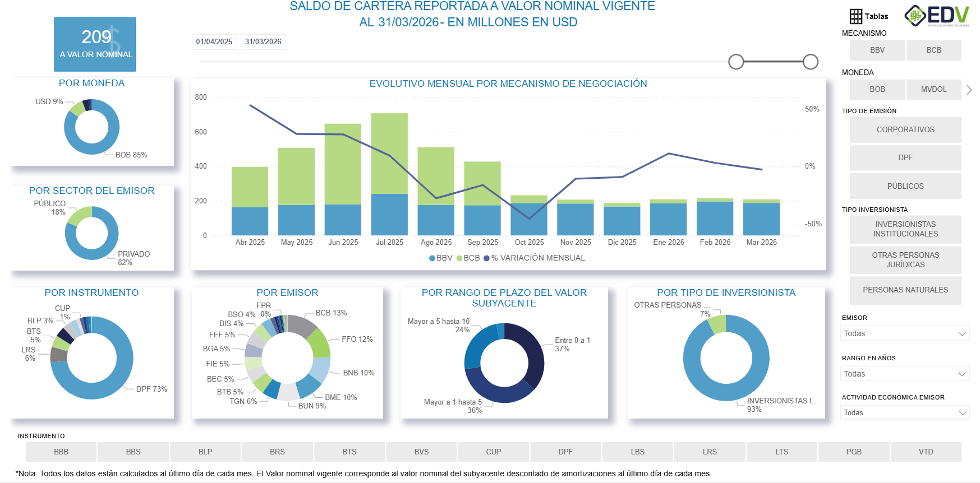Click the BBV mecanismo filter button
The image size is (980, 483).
[x=877, y=50]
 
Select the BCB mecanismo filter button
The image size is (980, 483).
[x=933, y=50]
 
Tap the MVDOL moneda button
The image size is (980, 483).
[x=933, y=90]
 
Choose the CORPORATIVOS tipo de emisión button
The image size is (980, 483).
[x=905, y=130]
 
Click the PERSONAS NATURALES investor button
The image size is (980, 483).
[x=905, y=290]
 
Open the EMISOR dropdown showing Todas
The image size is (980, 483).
[x=904, y=333]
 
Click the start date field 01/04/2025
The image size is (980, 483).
[x=214, y=42]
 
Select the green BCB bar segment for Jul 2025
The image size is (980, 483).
[x=389, y=152]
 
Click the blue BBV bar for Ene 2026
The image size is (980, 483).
[x=668, y=220]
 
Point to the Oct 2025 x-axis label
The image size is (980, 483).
[x=529, y=243]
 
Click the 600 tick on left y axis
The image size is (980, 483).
[x=201, y=132]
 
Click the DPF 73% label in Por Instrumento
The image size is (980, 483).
[x=151, y=389]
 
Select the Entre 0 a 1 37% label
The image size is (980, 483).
[x=572, y=345]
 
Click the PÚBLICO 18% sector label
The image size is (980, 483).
[x=50, y=208]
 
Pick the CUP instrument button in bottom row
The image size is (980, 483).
[x=493, y=452]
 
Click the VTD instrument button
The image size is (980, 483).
[x=926, y=452]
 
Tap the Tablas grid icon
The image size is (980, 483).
[x=855, y=17]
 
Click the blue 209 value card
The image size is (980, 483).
[x=95, y=44]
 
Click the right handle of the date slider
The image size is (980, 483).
[x=810, y=62]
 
